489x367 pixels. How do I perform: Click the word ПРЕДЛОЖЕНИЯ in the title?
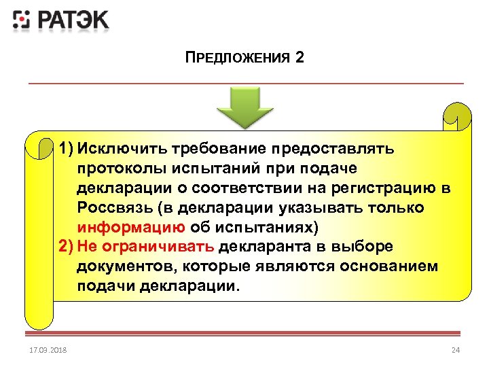[x=238, y=58]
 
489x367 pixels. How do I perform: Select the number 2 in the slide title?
[x=300, y=57]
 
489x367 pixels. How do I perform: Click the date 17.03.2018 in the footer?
[x=44, y=350]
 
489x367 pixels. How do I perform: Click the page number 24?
[x=456, y=350]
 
